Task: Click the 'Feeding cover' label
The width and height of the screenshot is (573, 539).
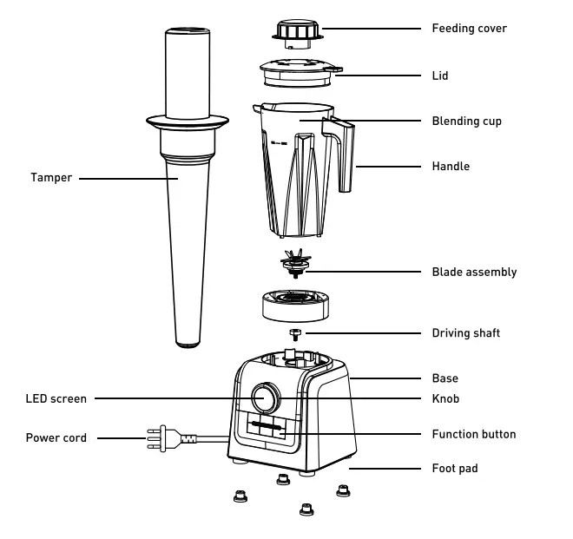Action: [x=469, y=29]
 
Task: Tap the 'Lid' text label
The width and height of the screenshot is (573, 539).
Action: [x=440, y=76]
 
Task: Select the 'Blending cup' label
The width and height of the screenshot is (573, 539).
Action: [x=466, y=122]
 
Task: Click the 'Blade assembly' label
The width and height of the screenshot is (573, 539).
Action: [x=474, y=272]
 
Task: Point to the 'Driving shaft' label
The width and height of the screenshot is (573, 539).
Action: [x=465, y=333]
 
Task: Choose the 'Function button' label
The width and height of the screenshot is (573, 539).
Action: [x=473, y=434]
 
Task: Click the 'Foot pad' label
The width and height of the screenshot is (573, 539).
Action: [x=455, y=469]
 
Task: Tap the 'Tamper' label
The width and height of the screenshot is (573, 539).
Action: [x=51, y=178]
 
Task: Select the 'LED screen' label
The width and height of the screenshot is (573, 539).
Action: [x=56, y=399]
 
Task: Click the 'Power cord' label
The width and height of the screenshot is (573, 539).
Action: [x=56, y=438]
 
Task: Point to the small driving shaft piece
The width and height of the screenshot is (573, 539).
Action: [x=296, y=332]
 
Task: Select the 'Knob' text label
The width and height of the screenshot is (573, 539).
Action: [x=445, y=399]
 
